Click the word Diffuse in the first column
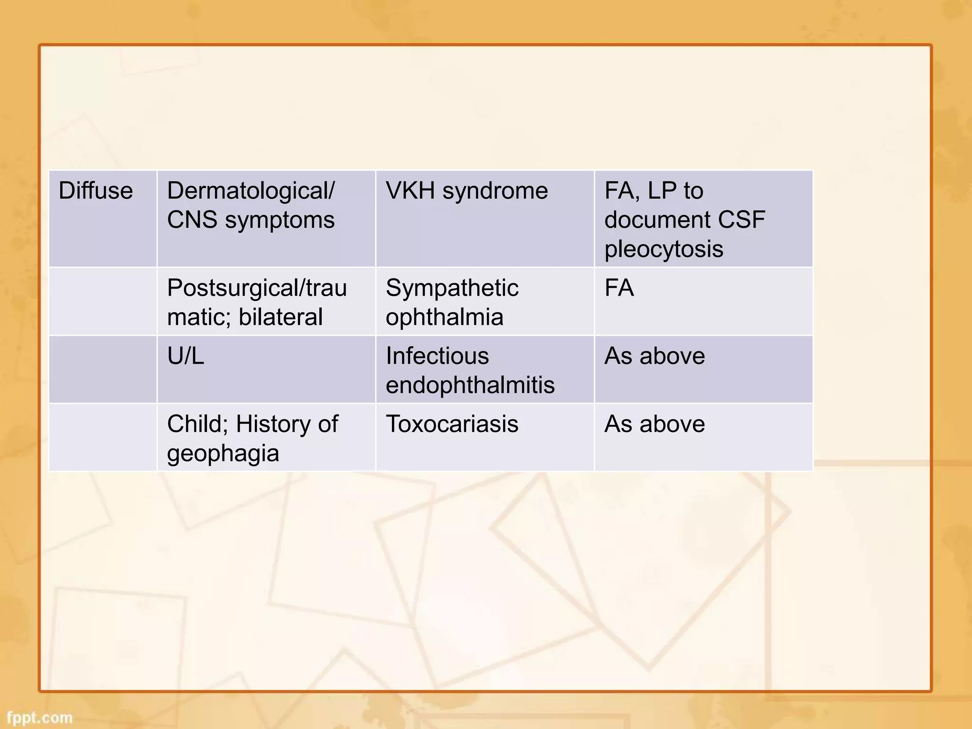[x=95, y=191]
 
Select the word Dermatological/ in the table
[x=251, y=191]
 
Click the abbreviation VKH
[x=410, y=191]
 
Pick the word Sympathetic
[x=452, y=289]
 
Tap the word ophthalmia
[x=444, y=317]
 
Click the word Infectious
[x=437, y=356]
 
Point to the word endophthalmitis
[x=470, y=385]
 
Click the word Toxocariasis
[x=452, y=424]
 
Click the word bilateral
[x=280, y=317]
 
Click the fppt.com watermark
[x=40, y=718]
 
